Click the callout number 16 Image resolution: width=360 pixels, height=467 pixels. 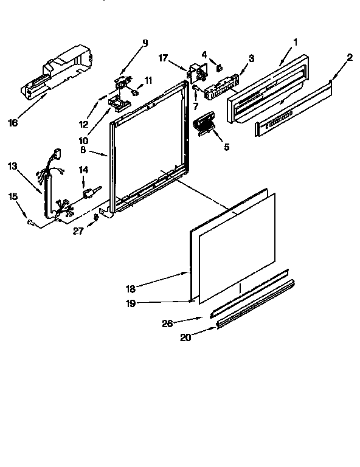pyautogui.click(x=13, y=122)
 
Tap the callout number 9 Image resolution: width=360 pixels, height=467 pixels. pyautogui.click(x=145, y=43)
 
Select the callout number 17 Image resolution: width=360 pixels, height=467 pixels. pyautogui.click(x=163, y=58)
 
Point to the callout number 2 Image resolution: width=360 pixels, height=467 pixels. pyautogui.click(x=350, y=57)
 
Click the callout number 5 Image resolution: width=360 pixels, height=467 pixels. pyautogui.click(x=227, y=147)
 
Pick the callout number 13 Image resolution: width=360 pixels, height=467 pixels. pyautogui.click(x=13, y=166)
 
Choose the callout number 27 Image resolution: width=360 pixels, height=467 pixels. pyautogui.click(x=78, y=231)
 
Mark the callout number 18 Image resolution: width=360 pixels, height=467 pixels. pyautogui.click(x=130, y=289)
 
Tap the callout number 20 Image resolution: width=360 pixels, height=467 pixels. pyautogui.click(x=185, y=337)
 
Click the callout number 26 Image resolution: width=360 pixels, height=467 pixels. pyautogui.click(x=167, y=323)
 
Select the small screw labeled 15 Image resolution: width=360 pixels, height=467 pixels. pyautogui.click(x=30, y=221)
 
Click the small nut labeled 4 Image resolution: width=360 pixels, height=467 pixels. pyautogui.click(x=220, y=68)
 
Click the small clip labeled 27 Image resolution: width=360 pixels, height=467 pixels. pyautogui.click(x=96, y=217)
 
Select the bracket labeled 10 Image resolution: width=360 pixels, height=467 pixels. pyautogui.click(x=119, y=103)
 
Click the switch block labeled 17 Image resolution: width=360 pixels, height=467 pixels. pyautogui.click(x=196, y=72)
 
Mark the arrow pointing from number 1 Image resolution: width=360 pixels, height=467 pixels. pyautogui.click(x=286, y=56)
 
